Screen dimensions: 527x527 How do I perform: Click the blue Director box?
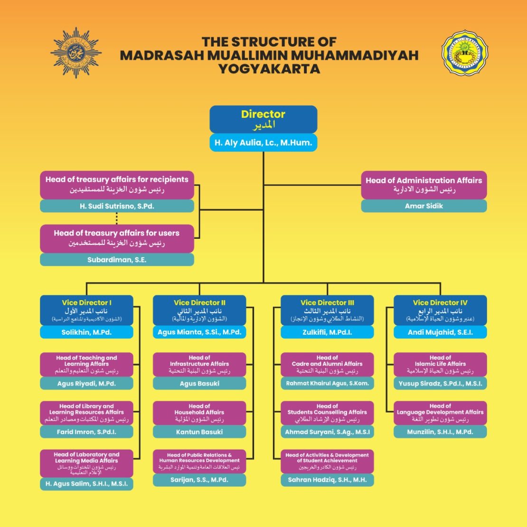pos(263,119)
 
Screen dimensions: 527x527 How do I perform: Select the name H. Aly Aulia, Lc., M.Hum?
pos(263,143)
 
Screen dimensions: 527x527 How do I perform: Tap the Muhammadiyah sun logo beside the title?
pos(76,53)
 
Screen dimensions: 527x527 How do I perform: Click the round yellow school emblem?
pos(465,53)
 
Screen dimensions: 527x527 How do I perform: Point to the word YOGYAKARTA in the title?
pos(269,69)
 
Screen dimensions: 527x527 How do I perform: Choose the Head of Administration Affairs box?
pos(423,185)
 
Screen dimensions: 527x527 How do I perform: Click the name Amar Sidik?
pos(423,206)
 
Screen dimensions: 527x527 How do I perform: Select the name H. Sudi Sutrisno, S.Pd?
pos(117,206)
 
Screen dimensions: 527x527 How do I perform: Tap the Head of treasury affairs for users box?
pos(117,238)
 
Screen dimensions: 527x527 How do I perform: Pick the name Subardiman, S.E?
pos(117,260)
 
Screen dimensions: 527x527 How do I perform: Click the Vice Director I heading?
pos(86,303)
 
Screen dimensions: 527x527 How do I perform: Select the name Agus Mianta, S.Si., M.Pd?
pos(199,332)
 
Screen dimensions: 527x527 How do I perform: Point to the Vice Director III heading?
pos(327,303)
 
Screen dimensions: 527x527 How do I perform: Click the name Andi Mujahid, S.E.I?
pos(440,332)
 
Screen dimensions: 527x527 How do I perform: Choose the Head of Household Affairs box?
pos(199,413)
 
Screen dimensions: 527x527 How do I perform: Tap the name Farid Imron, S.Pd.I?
pos(86,432)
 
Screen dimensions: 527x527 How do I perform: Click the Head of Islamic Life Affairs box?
pos(440,364)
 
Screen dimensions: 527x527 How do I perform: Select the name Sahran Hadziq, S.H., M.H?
pos(327,480)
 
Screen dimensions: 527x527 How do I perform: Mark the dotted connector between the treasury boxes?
pos(117,218)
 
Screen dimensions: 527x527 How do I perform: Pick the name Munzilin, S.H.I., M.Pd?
pos(440,432)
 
